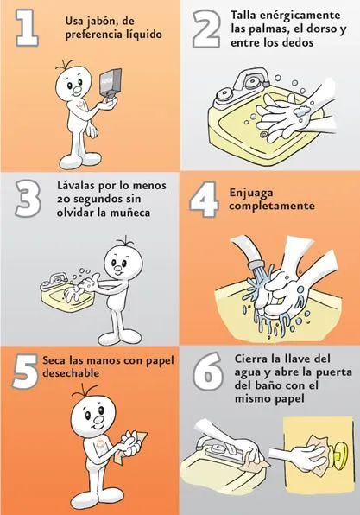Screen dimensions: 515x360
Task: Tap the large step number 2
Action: coord(207,29)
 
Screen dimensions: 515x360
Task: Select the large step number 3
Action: coord(28,197)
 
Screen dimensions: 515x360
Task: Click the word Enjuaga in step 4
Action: coord(256,194)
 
